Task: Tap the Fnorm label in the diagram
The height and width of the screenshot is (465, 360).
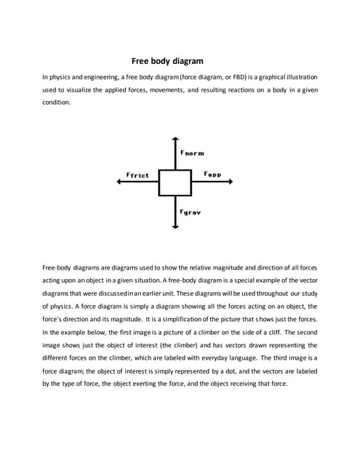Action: coord(192,153)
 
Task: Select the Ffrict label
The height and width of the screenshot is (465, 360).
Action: coord(137,175)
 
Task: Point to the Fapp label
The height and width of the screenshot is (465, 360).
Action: coord(212,174)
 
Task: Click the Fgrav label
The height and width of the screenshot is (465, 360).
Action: coord(190,212)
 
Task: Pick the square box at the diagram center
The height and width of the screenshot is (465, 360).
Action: coord(175,182)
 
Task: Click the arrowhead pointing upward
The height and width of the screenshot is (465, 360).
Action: coord(175,139)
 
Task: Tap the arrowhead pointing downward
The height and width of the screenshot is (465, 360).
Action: coord(175,226)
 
